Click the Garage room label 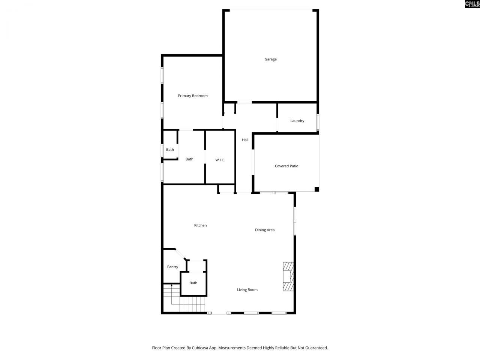[270, 59]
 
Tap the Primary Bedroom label [192, 96]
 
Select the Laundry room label [297, 121]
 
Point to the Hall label [245, 140]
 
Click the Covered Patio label [286, 166]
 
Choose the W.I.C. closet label [220, 160]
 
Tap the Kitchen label [200, 225]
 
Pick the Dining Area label [265, 230]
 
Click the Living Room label [247, 289]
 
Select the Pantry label [172, 267]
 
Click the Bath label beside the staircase [193, 283]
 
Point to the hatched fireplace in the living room [288, 277]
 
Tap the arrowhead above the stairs [172, 286]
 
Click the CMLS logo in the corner [472, 4]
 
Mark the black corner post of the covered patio [316, 189]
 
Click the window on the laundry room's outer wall [318, 122]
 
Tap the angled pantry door [180, 254]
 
